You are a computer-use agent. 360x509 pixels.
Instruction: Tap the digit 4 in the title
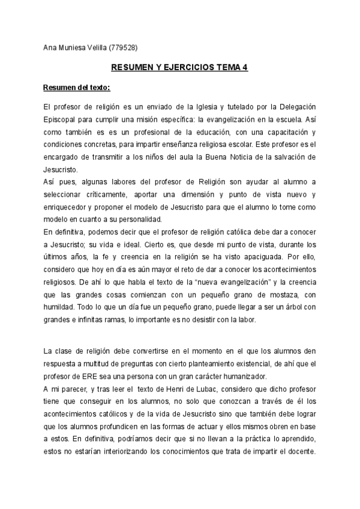click(245, 68)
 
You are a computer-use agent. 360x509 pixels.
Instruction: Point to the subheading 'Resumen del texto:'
click(76, 88)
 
